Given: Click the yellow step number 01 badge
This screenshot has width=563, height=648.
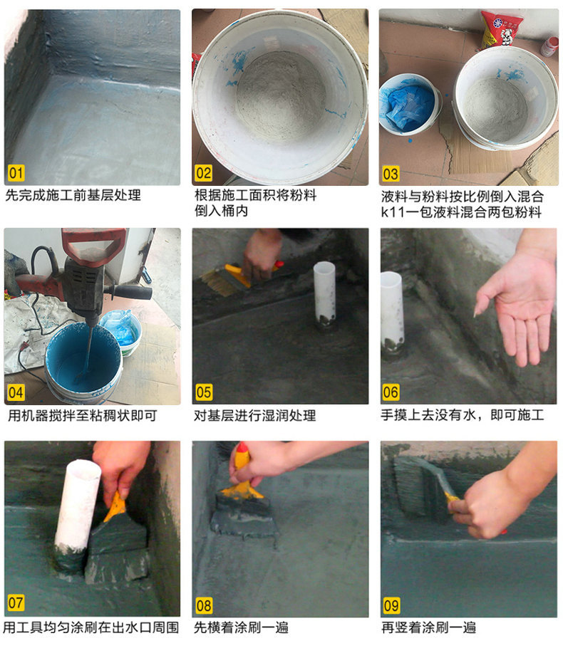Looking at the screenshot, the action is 16,173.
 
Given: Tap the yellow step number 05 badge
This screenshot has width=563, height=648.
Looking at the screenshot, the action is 204,392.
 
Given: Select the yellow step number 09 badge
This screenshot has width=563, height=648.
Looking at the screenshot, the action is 391,605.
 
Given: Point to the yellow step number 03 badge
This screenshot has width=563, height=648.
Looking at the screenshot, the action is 391,174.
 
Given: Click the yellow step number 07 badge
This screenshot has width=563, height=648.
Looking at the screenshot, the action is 16,602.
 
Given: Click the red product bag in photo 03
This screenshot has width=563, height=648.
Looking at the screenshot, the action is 500,30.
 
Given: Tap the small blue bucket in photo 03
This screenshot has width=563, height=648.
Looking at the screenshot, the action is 410,104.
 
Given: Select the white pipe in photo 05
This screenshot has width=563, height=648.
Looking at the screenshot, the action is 324,293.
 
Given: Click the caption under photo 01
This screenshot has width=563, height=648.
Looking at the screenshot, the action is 73,195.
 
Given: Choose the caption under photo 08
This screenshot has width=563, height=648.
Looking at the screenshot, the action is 241,627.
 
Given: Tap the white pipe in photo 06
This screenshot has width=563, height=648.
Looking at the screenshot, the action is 391,314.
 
